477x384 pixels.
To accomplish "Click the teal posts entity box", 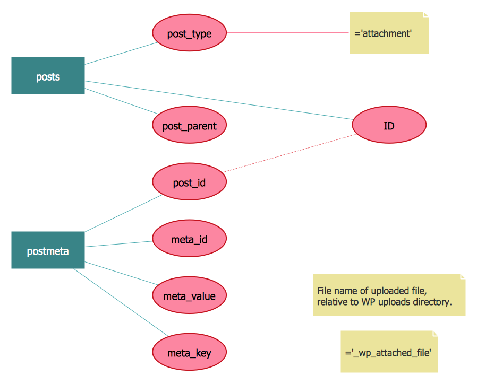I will point(48,76).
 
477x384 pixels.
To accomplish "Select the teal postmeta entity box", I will point(48,250).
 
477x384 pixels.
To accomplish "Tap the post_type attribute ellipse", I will point(189,33).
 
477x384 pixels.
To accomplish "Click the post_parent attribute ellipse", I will point(189,126).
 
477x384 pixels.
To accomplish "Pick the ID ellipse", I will point(389,126).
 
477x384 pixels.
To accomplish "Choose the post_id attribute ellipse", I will point(189,183).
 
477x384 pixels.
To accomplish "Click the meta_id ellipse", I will point(189,239).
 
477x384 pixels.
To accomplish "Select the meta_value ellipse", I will point(189,296).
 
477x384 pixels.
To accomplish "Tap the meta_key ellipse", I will point(189,352).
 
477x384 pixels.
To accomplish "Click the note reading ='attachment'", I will point(389,33).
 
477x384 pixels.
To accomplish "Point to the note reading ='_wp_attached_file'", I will point(389,352).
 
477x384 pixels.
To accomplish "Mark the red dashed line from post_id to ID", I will point(289,153).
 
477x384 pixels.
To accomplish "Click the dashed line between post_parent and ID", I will point(289,125).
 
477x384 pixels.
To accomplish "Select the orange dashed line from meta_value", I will point(270,295).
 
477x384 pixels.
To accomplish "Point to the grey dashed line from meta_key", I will point(284,352).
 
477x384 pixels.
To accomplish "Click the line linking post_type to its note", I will point(287,33).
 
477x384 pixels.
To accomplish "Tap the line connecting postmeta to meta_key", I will point(121,303).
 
